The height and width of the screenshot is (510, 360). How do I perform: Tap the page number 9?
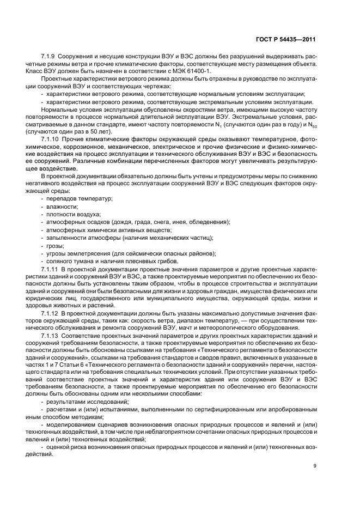(x=315, y=466)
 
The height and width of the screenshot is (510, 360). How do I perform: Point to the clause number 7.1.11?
(x=51, y=269)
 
